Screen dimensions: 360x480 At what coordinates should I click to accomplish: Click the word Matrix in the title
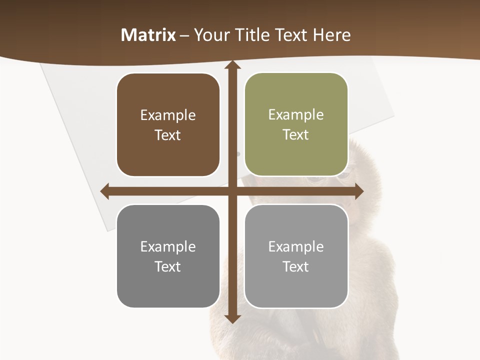tap(148, 35)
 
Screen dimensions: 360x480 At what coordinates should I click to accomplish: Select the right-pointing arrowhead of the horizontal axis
tap(358, 190)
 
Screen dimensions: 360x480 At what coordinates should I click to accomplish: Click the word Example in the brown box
tap(168, 115)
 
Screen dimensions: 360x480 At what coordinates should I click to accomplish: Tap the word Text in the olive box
tap(296, 135)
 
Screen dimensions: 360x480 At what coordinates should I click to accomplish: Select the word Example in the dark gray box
tap(168, 246)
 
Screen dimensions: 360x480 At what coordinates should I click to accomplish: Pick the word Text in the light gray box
tap(296, 266)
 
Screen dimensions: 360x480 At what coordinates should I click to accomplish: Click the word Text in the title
tap(292, 35)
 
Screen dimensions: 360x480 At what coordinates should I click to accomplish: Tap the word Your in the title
tap(211, 35)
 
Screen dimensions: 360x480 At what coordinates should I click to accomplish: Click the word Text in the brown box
tap(168, 135)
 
